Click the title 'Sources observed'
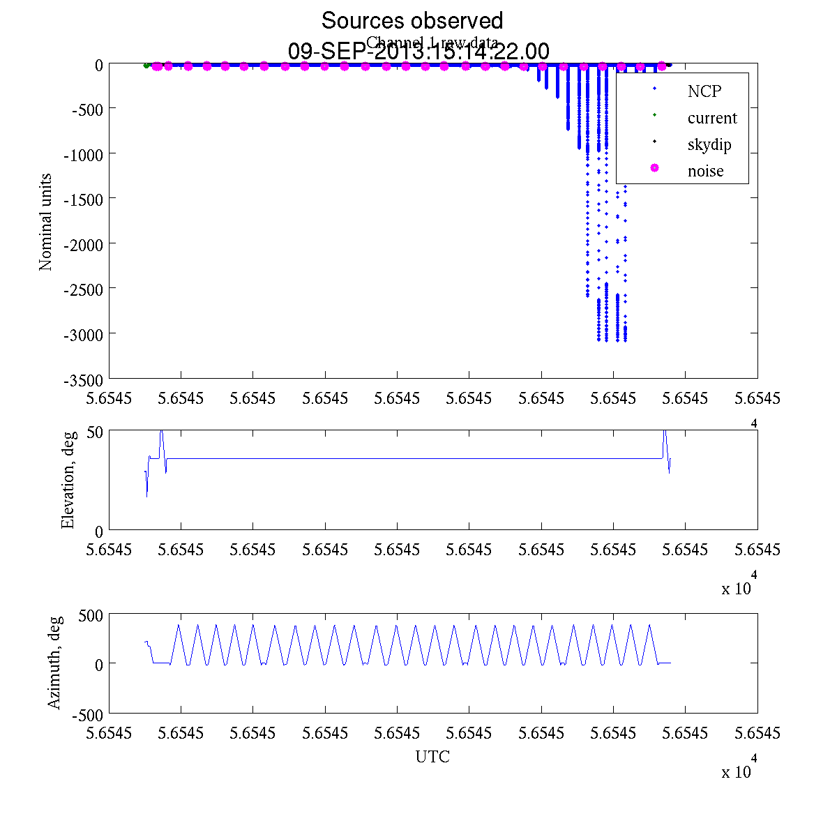point(412,20)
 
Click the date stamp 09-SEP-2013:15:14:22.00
point(418,51)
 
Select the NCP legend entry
point(704,91)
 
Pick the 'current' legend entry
point(711,118)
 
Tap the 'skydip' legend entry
point(709,145)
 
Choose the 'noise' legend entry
point(705,171)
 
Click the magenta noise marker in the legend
point(654,168)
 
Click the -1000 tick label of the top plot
point(83,154)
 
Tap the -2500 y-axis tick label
point(83,289)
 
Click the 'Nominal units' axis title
point(46,222)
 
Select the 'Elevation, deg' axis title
point(68,480)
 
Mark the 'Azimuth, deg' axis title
point(55,663)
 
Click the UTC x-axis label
point(432,757)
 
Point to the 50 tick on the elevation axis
point(95,431)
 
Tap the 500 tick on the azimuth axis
point(91,614)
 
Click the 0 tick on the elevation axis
point(99,531)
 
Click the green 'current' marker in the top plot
point(146,66)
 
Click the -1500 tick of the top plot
point(83,199)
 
